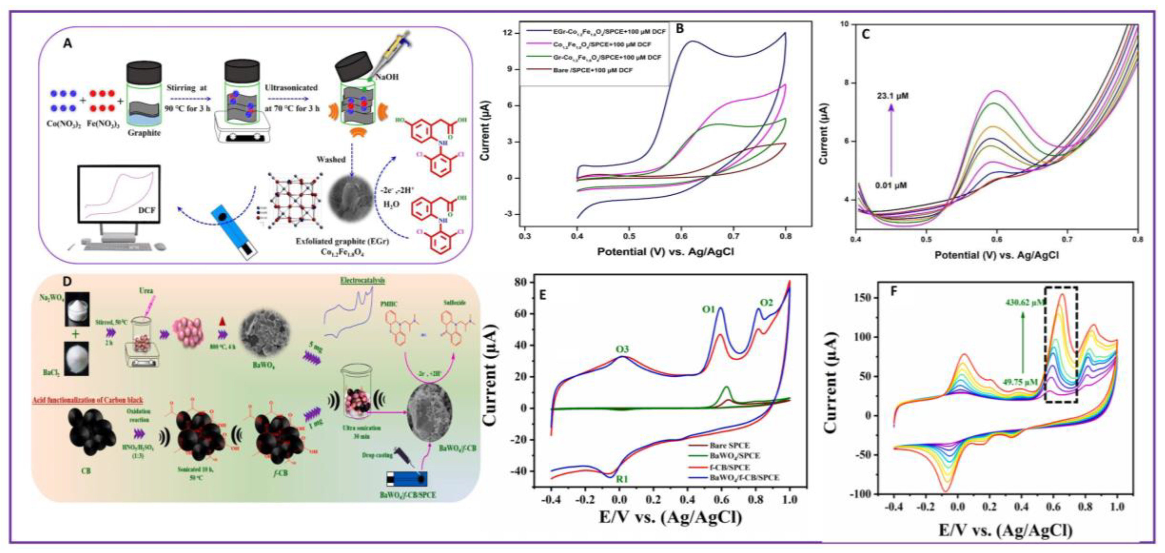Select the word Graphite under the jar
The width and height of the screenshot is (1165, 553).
144,133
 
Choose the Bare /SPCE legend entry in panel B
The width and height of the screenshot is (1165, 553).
592,70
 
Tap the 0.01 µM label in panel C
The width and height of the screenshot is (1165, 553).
891,185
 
